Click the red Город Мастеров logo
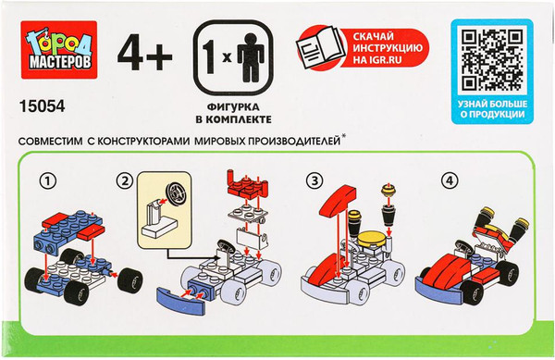(59, 50)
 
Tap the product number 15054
(43, 106)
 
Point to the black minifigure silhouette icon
(251, 57)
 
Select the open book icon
(320, 47)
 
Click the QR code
(492, 59)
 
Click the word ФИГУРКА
(233, 107)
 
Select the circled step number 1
(47, 181)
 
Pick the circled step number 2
(124, 181)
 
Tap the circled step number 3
(314, 181)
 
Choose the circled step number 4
(450, 181)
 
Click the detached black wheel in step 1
(129, 280)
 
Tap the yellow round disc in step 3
(371, 241)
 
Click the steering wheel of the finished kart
(463, 246)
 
